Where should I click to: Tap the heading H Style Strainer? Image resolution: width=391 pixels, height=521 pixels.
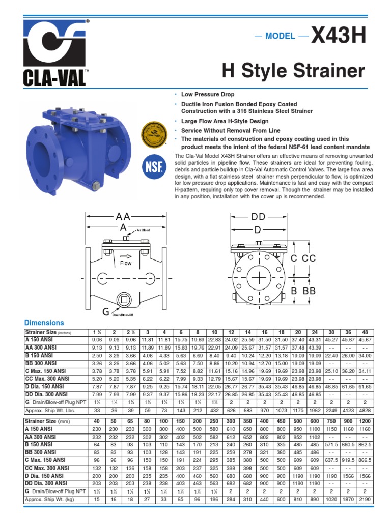click(294, 71)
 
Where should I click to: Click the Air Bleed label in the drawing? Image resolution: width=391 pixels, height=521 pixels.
click(142, 230)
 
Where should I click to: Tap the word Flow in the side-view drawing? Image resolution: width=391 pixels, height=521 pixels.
click(126, 263)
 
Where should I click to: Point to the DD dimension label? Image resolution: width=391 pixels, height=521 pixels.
click(258, 217)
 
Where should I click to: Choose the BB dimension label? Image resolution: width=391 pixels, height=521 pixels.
click(309, 291)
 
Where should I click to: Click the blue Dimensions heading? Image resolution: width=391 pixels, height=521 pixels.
click(44, 323)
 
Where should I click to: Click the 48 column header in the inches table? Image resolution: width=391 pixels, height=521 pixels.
click(365, 332)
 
